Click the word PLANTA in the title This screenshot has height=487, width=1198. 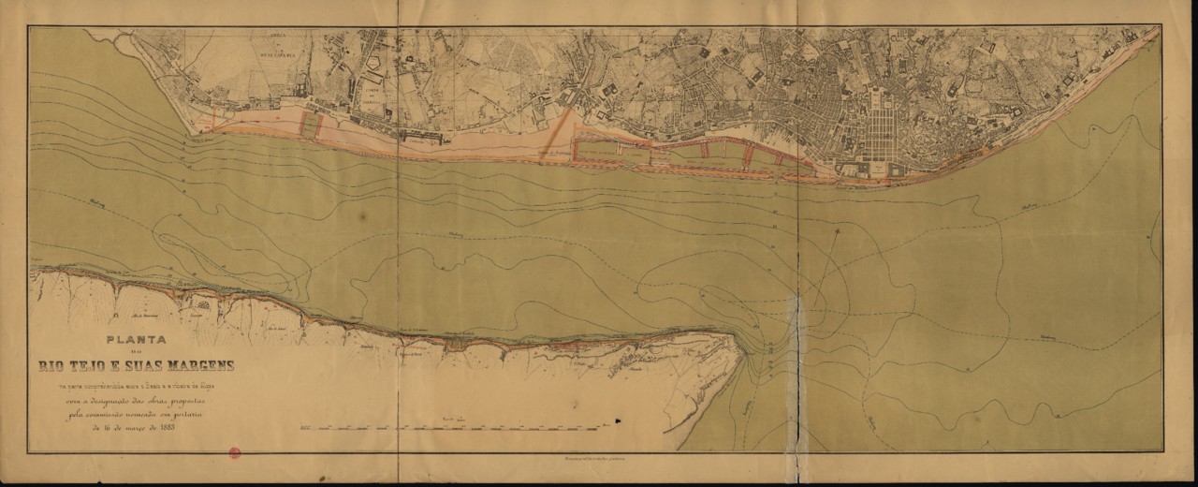(x=137, y=343)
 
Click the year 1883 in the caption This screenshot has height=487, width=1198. (x=161, y=429)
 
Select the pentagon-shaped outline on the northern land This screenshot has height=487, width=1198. (x=375, y=65)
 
